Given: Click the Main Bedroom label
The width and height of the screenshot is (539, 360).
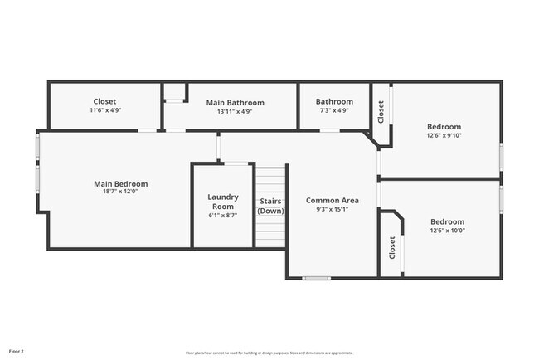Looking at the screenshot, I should (120, 184).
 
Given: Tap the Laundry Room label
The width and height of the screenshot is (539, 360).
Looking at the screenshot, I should (223, 202).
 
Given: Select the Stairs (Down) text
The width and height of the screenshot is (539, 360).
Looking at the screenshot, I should (270, 206).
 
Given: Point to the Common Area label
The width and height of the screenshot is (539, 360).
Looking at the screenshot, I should (332, 201).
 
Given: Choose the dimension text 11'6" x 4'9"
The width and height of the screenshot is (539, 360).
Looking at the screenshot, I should (104, 110).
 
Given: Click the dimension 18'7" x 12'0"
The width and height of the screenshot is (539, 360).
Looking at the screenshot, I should (120, 193).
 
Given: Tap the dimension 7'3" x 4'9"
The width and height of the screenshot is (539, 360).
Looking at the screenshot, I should (334, 110).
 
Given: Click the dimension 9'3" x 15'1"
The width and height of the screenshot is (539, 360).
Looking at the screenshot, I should (332, 210).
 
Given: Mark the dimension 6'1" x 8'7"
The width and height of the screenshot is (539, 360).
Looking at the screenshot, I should (223, 215).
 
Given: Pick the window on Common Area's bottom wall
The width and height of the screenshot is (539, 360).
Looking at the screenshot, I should (316, 278).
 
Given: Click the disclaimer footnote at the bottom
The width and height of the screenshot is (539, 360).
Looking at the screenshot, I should (269, 351).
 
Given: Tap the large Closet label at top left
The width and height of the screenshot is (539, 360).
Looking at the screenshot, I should (104, 101).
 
